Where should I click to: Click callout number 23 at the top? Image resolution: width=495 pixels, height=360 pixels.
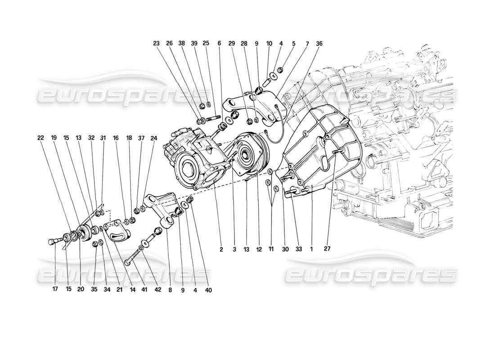(156, 44)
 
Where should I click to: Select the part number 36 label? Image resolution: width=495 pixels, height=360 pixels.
(319, 44)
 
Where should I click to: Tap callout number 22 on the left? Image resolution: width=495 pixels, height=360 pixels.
(41, 138)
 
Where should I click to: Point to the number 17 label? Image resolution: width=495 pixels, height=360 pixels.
(54, 289)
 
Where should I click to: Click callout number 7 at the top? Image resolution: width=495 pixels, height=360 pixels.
(306, 44)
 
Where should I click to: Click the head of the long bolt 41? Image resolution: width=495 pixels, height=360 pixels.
(126, 262)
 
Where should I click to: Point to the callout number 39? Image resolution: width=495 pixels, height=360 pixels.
(194, 44)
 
